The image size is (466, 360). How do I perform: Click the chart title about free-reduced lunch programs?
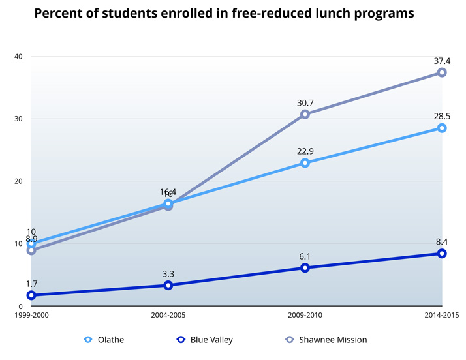click(224, 13)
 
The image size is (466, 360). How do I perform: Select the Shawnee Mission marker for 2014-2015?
click(442, 72)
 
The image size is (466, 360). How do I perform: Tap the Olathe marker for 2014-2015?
click(442, 128)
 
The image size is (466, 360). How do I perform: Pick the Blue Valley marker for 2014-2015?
click(442, 253)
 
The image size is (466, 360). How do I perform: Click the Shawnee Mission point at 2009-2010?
click(305, 114)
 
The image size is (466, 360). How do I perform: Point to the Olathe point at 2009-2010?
click(305, 163)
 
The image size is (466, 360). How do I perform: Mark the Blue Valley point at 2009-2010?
click(305, 267)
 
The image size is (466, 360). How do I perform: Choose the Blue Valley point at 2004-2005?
click(168, 285)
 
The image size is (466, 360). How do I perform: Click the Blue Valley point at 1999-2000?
click(31, 295)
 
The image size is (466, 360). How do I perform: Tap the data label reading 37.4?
click(442, 61)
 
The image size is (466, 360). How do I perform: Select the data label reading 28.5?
click(442, 116)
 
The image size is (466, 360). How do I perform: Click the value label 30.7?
click(305, 102)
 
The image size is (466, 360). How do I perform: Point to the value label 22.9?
click(305, 151)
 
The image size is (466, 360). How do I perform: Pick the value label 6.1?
click(305, 256)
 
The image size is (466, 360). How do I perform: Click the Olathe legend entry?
click(104, 340)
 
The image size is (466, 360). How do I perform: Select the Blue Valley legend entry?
click(204, 340)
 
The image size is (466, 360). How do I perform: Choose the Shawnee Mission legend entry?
click(326, 340)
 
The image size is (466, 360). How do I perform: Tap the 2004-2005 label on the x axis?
click(168, 315)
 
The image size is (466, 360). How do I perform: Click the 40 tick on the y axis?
click(18, 56)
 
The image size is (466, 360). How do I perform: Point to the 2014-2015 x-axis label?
click(441, 315)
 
